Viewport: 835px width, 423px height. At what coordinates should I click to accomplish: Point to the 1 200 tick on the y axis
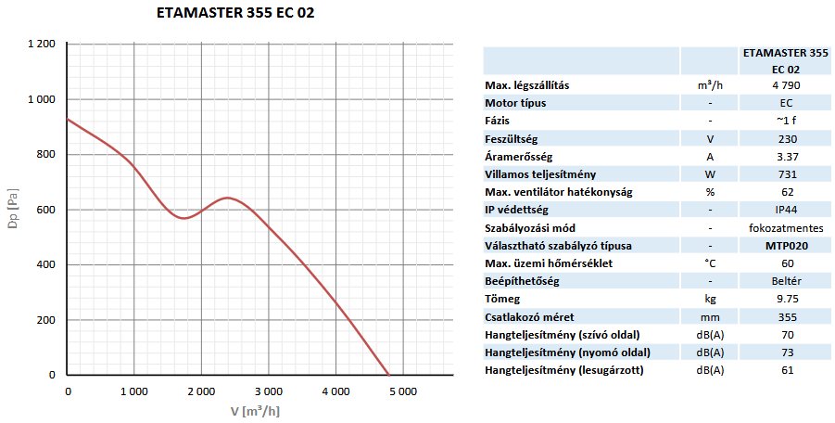[42, 45]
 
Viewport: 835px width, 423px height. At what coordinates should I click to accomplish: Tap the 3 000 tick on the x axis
[269, 391]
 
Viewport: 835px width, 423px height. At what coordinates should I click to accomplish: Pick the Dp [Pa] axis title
[12, 211]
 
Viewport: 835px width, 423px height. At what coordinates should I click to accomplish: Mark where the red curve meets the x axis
[387, 375]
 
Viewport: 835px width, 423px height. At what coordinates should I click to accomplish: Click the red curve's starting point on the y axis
[69, 119]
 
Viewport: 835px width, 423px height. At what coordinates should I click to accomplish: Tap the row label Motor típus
[522, 102]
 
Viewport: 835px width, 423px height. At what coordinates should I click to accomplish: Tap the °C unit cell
[709, 263]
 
